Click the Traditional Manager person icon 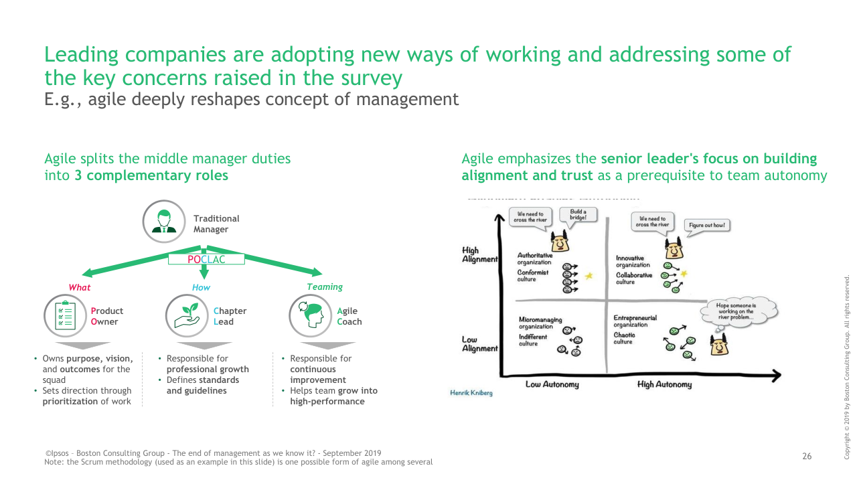tap(164, 222)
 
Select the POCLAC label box tap(206, 258)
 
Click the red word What tap(79, 287)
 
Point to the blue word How tap(201, 287)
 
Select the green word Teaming tap(325, 287)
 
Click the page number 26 tap(807, 457)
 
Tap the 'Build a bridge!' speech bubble tap(578, 215)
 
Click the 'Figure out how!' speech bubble tap(707, 226)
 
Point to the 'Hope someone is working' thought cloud tap(736, 311)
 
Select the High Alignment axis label tap(479, 255)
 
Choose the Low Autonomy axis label tap(552, 384)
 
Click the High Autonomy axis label tap(664, 384)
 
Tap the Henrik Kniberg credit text tap(471, 393)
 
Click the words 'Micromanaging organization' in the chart tap(540, 323)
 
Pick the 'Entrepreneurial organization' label tap(635, 321)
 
